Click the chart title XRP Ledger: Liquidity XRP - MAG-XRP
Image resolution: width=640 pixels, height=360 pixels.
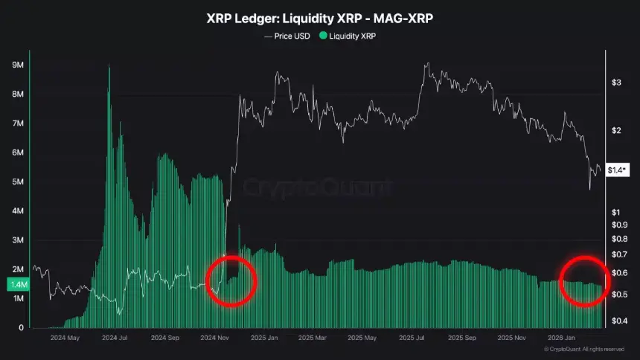320,17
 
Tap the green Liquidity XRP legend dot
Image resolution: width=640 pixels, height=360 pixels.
322,35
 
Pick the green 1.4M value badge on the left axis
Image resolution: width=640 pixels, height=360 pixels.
19,284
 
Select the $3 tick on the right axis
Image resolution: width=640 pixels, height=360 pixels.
616,82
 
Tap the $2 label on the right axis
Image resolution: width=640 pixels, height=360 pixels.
616,130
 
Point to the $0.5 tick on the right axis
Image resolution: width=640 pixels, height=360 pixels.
619,295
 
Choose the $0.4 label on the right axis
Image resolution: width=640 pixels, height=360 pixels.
619,321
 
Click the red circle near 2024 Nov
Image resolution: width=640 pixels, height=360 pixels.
231,280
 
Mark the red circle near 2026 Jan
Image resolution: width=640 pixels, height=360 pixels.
584,281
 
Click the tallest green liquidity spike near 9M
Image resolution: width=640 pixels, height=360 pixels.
109,71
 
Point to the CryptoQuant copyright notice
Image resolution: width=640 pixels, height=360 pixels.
584,348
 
